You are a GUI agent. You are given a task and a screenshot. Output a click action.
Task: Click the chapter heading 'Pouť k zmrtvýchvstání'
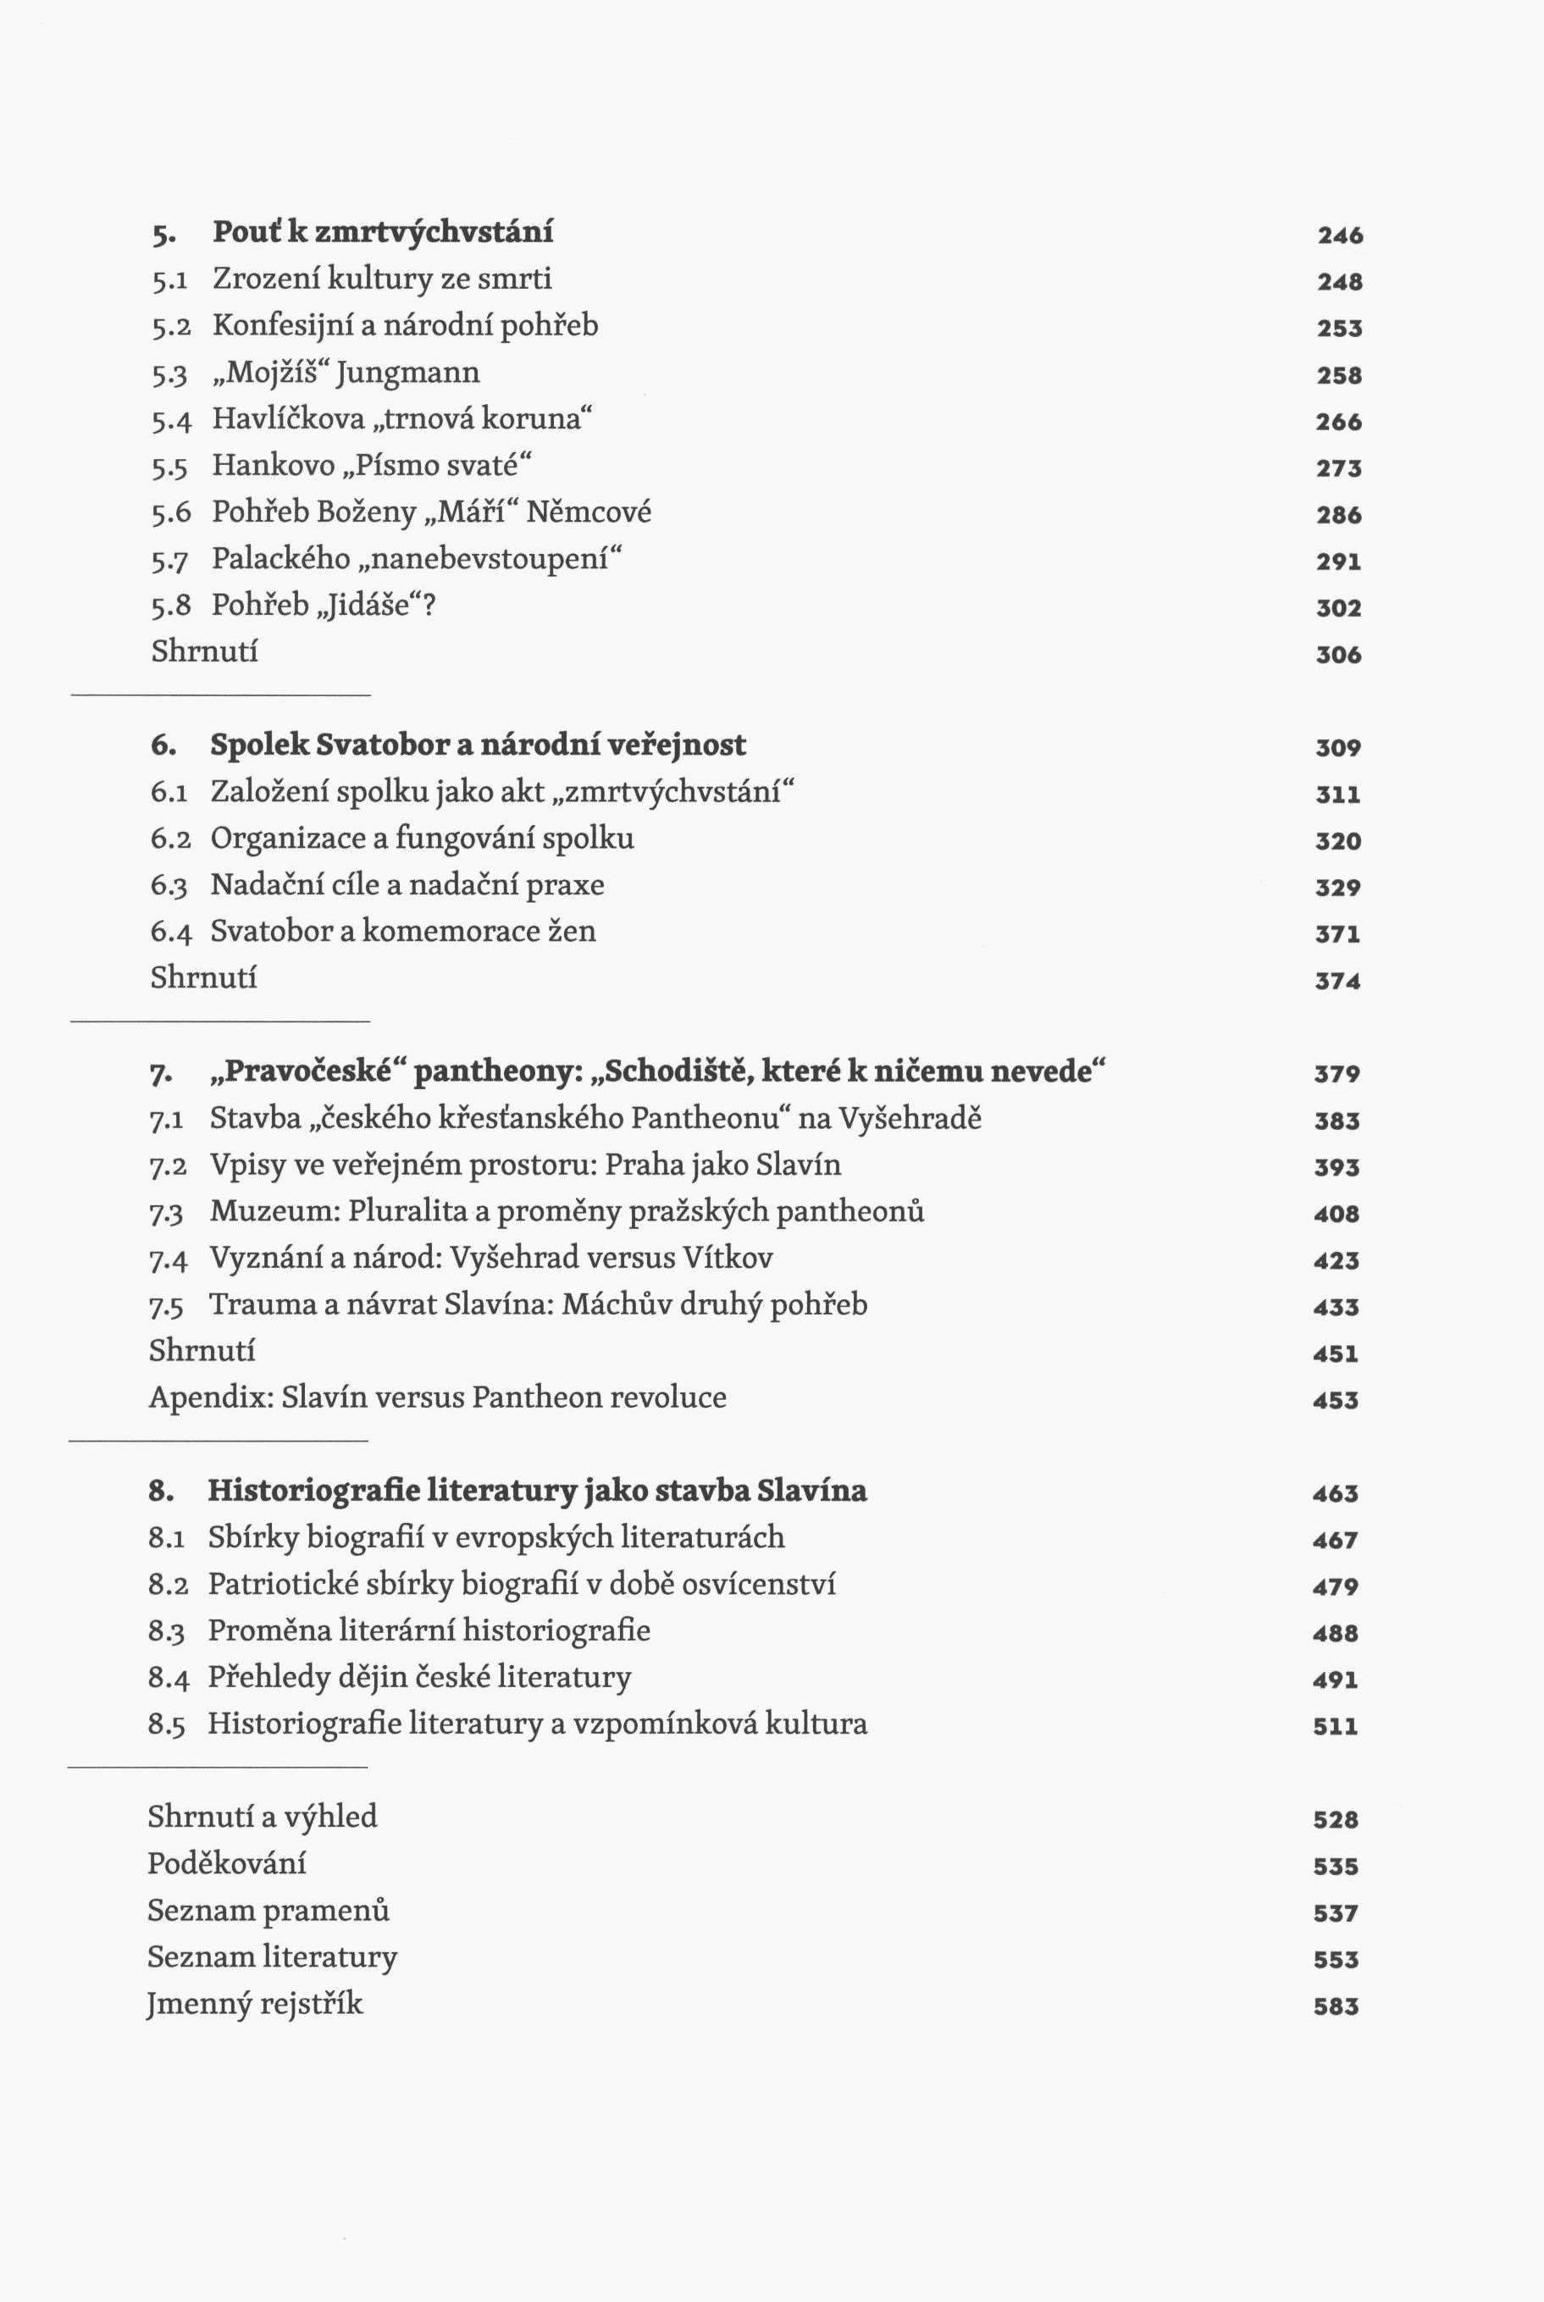(382, 232)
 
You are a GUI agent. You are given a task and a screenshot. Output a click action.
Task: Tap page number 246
(1340, 235)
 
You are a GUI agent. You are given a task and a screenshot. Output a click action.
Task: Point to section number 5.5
(169, 467)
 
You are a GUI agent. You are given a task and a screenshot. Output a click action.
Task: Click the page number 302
(1339, 608)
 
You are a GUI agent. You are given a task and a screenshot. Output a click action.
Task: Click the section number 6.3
(169, 886)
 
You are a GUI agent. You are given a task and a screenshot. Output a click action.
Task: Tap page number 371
(1338, 934)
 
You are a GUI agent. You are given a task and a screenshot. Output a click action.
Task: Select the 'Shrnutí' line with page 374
(204, 977)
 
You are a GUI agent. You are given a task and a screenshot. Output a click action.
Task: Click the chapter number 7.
(161, 1073)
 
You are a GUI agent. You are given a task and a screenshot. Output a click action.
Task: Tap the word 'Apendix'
(210, 1398)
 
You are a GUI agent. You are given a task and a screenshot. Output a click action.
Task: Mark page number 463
(1336, 1494)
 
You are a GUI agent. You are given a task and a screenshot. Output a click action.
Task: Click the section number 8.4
(169, 1678)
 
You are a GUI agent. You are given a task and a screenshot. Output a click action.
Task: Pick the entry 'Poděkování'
(226, 1864)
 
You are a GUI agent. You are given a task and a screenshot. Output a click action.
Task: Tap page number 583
(1336, 2006)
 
